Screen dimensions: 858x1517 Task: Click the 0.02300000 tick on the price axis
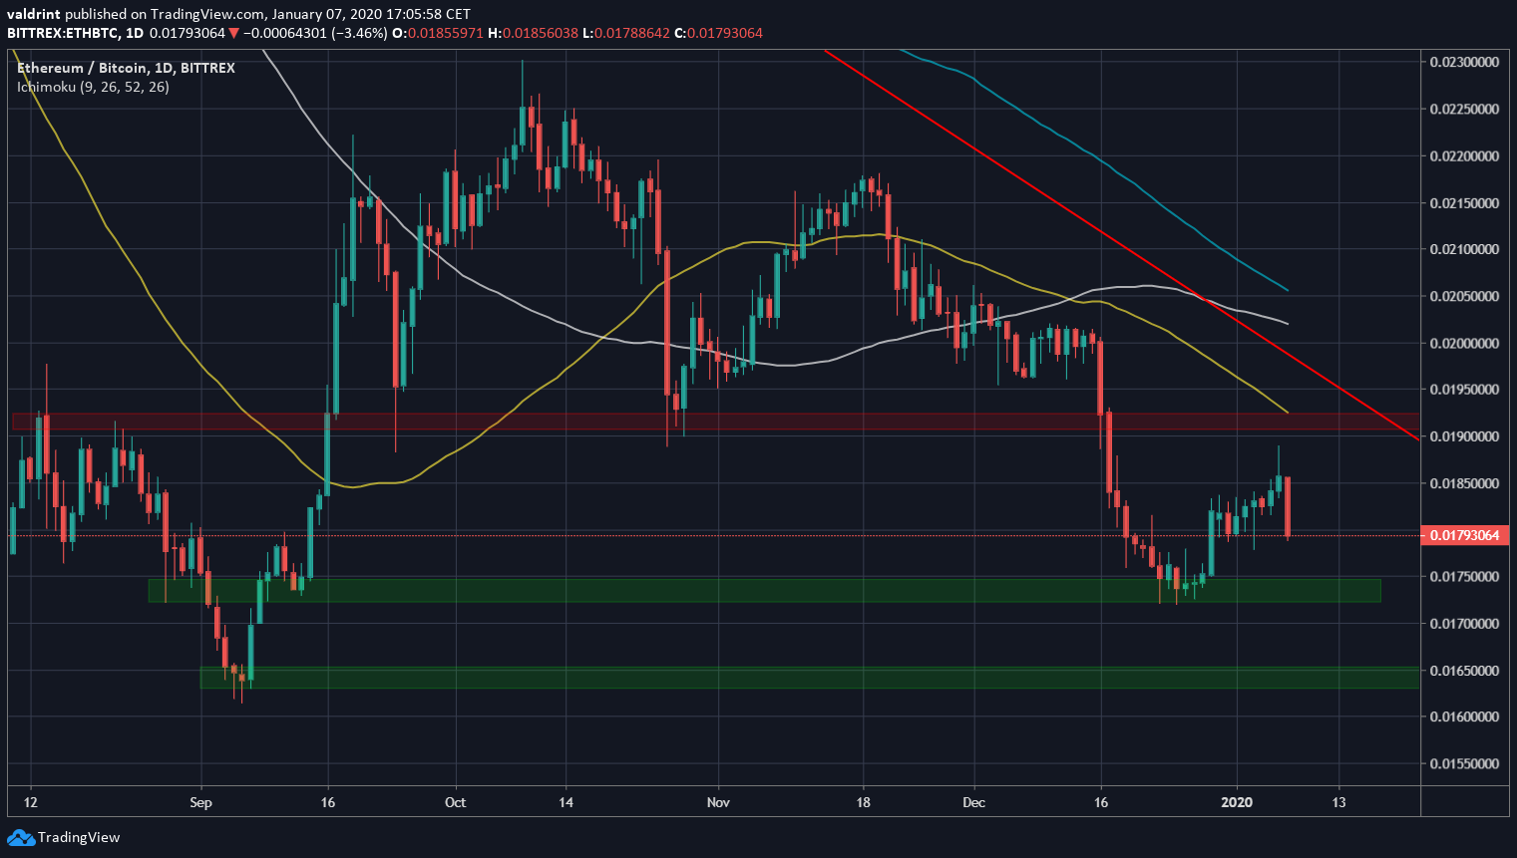tap(1463, 62)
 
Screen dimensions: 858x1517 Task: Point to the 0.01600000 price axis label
tap(1463, 717)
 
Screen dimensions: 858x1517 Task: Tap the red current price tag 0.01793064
tap(1463, 536)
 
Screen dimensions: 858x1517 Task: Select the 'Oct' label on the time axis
tap(455, 802)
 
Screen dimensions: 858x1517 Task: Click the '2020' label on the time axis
tap(1237, 802)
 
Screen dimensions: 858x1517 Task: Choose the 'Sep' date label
tap(200, 802)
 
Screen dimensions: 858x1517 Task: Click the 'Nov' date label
tap(717, 802)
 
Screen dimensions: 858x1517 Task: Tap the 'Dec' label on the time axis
tap(973, 802)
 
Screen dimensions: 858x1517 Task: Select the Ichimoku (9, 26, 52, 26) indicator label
tap(93, 87)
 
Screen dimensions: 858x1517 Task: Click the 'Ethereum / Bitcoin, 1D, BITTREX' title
tap(126, 68)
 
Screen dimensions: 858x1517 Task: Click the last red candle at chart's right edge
tap(1288, 506)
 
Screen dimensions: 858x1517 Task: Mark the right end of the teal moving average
tap(1288, 290)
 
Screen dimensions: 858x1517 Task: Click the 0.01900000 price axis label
tap(1463, 436)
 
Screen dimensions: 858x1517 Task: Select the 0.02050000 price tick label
tap(1463, 297)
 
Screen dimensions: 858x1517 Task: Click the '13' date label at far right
tap(1338, 802)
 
